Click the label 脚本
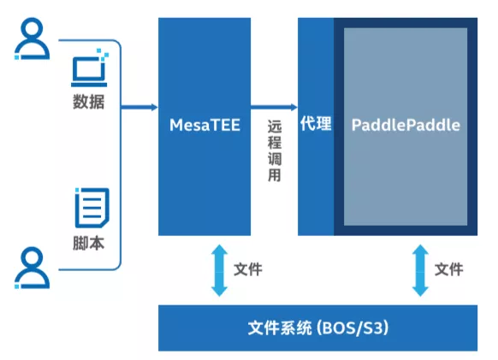coord(89,243)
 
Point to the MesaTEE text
coord(205,126)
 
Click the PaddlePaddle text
coord(406,125)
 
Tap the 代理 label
coord(315,124)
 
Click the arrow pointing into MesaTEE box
coord(139,107)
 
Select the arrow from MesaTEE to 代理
coord(274,107)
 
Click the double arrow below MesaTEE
coord(220,269)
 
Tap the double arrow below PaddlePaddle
coord(420,269)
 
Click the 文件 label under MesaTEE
coord(247,269)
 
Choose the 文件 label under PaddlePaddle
coord(448,269)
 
